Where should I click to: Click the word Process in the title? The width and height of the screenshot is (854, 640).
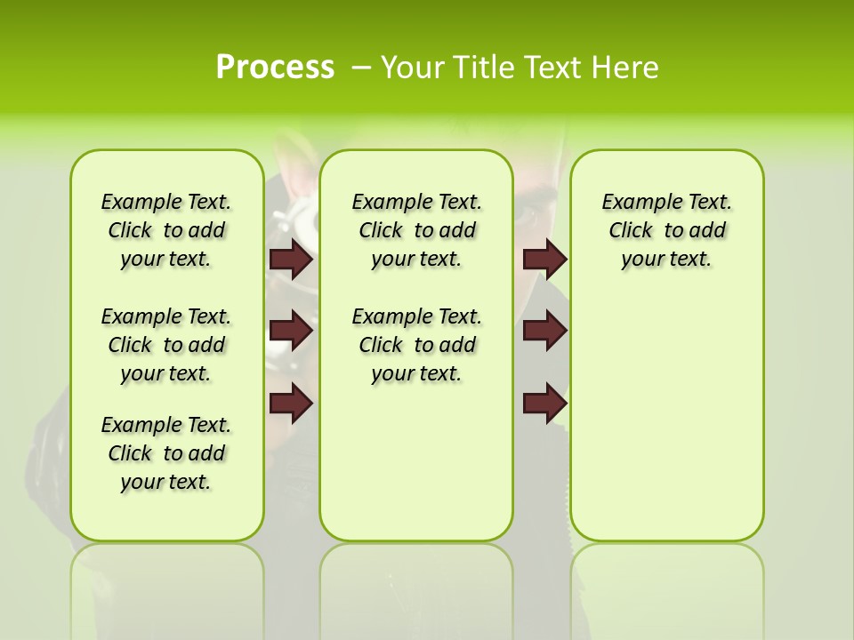click(x=275, y=68)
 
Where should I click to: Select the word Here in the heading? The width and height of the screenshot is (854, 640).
click(x=626, y=68)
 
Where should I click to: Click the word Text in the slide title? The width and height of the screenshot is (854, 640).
click(x=554, y=68)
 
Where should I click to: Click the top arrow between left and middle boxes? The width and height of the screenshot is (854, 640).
click(x=291, y=259)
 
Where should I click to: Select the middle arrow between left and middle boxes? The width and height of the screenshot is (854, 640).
click(x=291, y=331)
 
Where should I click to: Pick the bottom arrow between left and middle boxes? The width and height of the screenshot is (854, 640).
click(x=291, y=404)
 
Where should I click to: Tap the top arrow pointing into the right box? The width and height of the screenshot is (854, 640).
click(x=544, y=259)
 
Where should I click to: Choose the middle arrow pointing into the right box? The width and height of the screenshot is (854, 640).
click(x=544, y=331)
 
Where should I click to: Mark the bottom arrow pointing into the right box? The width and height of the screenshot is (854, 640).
click(x=544, y=404)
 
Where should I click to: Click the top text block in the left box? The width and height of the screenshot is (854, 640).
click(x=166, y=230)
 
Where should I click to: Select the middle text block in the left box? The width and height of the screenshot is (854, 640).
click(x=166, y=345)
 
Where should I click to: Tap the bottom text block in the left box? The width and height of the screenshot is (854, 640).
click(x=166, y=453)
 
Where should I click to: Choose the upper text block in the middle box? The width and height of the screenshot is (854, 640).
click(x=416, y=230)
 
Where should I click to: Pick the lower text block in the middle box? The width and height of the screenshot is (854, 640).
click(x=416, y=345)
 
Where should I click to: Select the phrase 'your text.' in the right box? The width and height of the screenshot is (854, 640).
click(x=666, y=260)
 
